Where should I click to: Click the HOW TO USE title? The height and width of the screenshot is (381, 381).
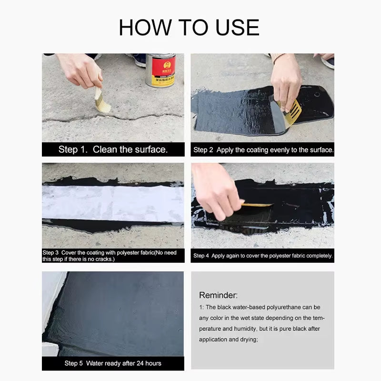click(x=189, y=27)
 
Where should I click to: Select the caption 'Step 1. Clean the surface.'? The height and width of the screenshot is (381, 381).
click(x=113, y=150)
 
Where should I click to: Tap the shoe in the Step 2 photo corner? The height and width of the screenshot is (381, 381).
click(x=328, y=61)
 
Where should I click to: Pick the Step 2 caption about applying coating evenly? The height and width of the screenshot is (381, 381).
click(x=263, y=150)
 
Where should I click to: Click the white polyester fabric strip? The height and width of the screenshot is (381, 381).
click(x=113, y=203)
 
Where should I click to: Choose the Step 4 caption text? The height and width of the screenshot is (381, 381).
click(x=263, y=256)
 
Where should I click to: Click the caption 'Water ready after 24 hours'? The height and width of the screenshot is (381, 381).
click(x=113, y=363)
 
